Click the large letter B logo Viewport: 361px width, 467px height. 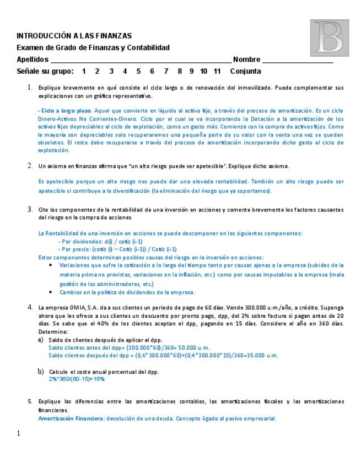pyautogui.click(x=330, y=38)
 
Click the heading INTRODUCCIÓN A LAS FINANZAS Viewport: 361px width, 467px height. pyautogui.click(x=74, y=36)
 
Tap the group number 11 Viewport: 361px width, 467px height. pyautogui.click(x=217, y=71)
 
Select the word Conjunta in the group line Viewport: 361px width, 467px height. pyautogui.click(x=246, y=71)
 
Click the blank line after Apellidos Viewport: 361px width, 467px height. pyautogui.click(x=141, y=61)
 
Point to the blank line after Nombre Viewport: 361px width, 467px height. pyautogui.click(x=298, y=61)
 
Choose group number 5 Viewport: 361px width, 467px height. pyautogui.click(x=138, y=71)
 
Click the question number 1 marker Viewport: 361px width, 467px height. pyautogui.click(x=30, y=88)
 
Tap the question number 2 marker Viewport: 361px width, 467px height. pyautogui.click(x=30, y=166)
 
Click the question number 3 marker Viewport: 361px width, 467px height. pyautogui.click(x=30, y=209)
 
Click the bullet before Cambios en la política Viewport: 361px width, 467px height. pyautogui.click(x=51, y=292)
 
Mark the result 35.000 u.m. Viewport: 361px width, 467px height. pyautogui.click(x=260, y=356)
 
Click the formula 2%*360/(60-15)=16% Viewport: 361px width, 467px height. pyautogui.click(x=77, y=379)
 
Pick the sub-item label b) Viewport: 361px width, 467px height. pyautogui.click(x=41, y=372)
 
